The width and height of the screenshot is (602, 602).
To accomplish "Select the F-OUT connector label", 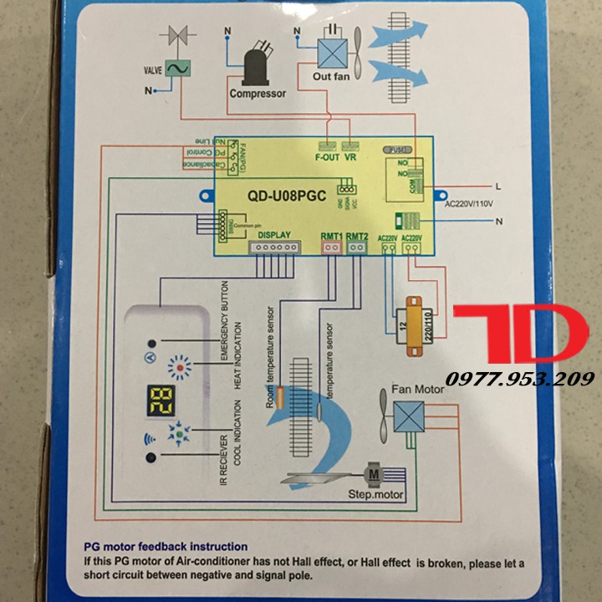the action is (x=327, y=156).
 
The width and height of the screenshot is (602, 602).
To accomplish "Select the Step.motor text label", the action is (x=375, y=495).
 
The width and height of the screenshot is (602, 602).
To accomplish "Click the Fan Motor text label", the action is (x=418, y=390).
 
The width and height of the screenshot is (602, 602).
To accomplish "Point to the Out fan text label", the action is (x=330, y=76).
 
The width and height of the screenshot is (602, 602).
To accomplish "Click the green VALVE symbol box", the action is (x=177, y=69).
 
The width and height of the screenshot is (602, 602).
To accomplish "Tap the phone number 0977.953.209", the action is (x=519, y=379).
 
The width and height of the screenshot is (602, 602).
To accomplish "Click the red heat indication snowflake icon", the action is (x=180, y=369).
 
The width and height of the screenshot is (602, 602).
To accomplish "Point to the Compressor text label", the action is (x=258, y=94).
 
